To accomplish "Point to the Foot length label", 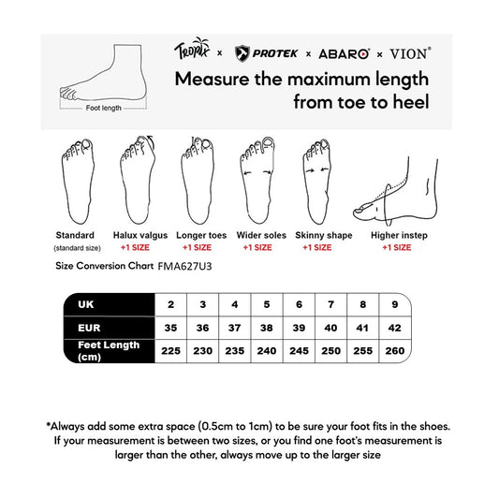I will (104, 109).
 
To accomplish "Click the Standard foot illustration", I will (75, 179).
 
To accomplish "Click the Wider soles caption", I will (257, 235).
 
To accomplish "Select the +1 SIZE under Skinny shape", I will (316, 248).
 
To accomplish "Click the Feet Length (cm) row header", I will (108, 351).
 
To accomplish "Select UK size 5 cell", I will (266, 305).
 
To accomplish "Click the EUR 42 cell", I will (394, 329).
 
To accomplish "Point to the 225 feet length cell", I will (170, 351).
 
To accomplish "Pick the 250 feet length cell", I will (330, 351).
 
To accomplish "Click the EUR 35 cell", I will (170, 329).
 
